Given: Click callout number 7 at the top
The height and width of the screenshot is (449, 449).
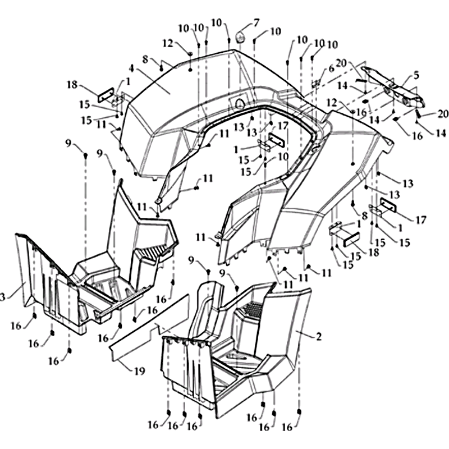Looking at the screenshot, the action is [x=256, y=22].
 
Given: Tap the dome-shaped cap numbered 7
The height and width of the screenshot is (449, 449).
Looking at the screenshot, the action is [x=241, y=38].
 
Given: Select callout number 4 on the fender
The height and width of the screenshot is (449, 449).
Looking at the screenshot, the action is [x=131, y=68].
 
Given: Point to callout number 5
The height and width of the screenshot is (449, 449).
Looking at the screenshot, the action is [x=416, y=76].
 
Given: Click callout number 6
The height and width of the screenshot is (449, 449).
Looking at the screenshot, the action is [x=331, y=68].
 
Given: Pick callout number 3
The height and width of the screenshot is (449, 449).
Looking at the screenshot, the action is [x=2, y=297].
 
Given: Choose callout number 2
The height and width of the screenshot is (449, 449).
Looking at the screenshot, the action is [x=319, y=336].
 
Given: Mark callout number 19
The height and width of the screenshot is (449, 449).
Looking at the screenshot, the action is [x=139, y=371].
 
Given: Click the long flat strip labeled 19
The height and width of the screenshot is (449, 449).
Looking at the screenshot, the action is [x=149, y=327].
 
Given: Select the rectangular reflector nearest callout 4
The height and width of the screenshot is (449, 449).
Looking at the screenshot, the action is [x=106, y=95].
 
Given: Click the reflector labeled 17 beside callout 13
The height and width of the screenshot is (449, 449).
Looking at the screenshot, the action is [x=276, y=140].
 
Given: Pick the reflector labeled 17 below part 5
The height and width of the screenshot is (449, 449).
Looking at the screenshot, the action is [x=388, y=205].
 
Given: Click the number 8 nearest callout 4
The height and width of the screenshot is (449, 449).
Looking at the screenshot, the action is [x=145, y=60].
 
